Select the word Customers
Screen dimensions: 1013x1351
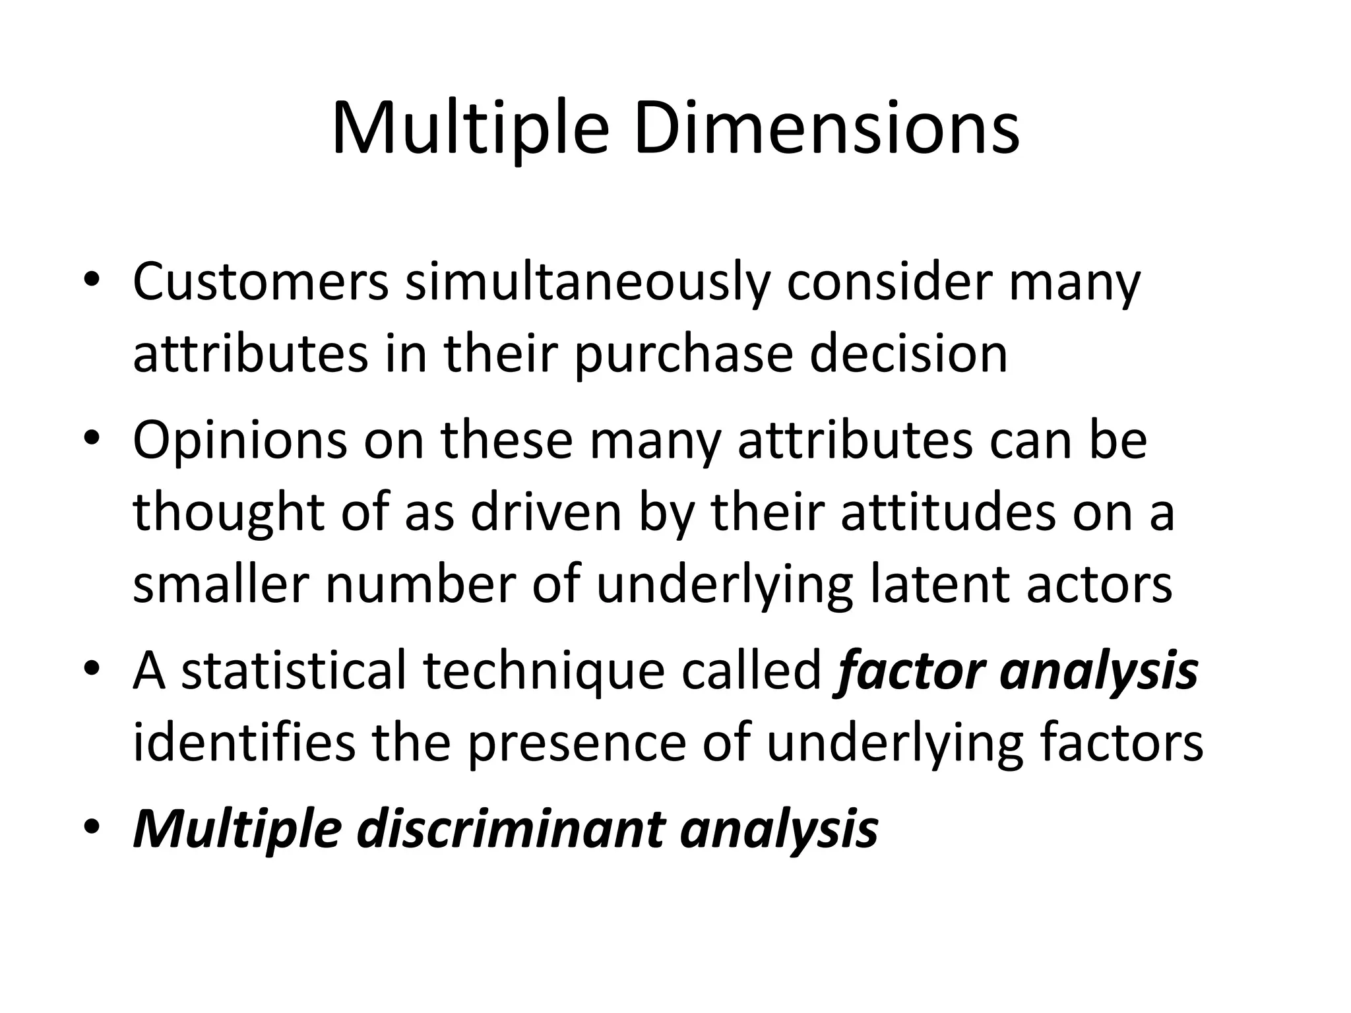261,282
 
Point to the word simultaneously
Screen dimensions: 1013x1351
587,282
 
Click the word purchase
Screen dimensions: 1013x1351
683,355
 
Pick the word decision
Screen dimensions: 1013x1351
908,353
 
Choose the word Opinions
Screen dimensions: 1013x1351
239,441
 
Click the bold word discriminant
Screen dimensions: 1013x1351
510,828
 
